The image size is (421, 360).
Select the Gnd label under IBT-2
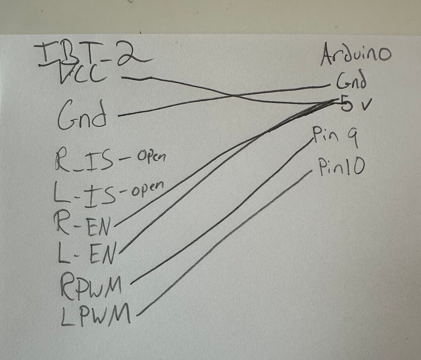click(82, 115)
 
